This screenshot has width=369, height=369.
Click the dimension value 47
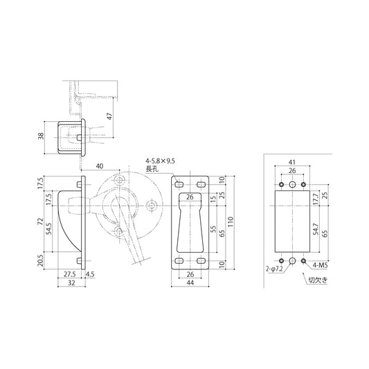click(109, 118)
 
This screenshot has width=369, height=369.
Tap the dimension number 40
click(100, 166)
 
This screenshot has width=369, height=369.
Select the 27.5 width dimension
click(70, 274)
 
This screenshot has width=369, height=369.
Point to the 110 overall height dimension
click(233, 224)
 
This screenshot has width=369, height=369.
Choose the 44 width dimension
click(189, 284)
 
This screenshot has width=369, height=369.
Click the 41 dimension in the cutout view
click(292, 163)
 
